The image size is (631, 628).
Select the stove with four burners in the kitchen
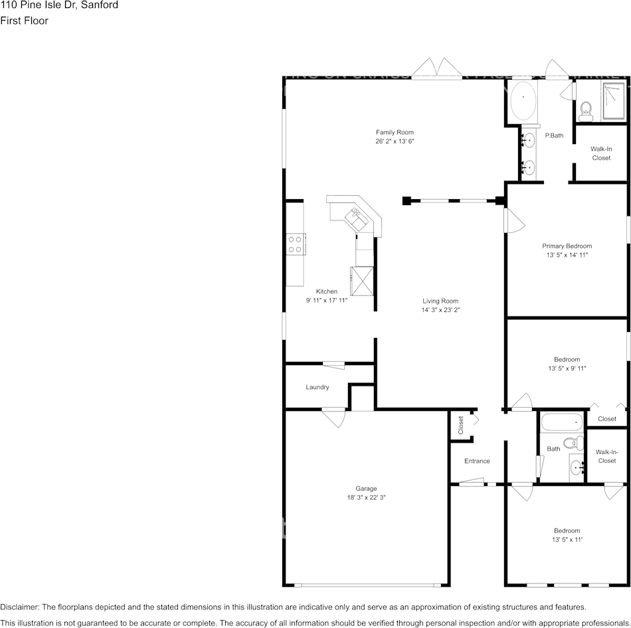296,244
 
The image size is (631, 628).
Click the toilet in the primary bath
586,112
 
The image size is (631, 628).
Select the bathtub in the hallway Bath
561,422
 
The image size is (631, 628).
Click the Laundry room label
317,387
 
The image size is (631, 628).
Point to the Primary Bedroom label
567,246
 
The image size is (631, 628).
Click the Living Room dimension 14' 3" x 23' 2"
440,310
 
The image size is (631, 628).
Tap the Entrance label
477,461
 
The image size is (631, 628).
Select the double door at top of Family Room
435,68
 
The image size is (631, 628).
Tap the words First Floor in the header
24,21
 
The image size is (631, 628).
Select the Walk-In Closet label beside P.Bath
600,153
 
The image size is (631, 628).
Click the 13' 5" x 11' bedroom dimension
567,540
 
